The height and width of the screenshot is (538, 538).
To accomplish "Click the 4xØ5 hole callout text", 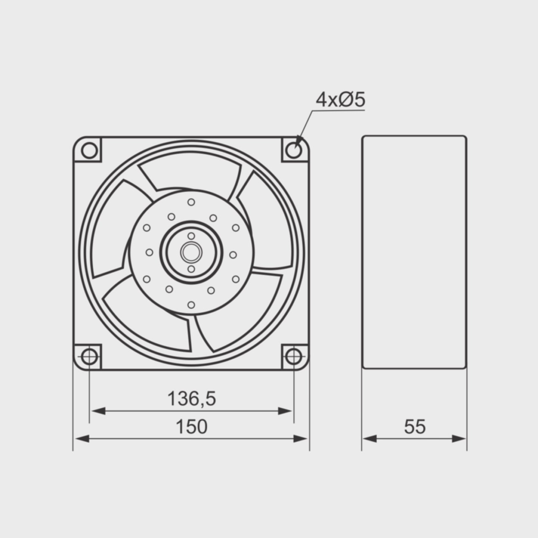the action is point(340,100).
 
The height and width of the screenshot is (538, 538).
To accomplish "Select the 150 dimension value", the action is point(192,427).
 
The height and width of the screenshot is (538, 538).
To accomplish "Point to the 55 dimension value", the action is point(415,427).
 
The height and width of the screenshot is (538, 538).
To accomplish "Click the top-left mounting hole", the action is point(89,151).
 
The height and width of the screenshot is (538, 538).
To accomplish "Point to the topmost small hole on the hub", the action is point(191,202).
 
